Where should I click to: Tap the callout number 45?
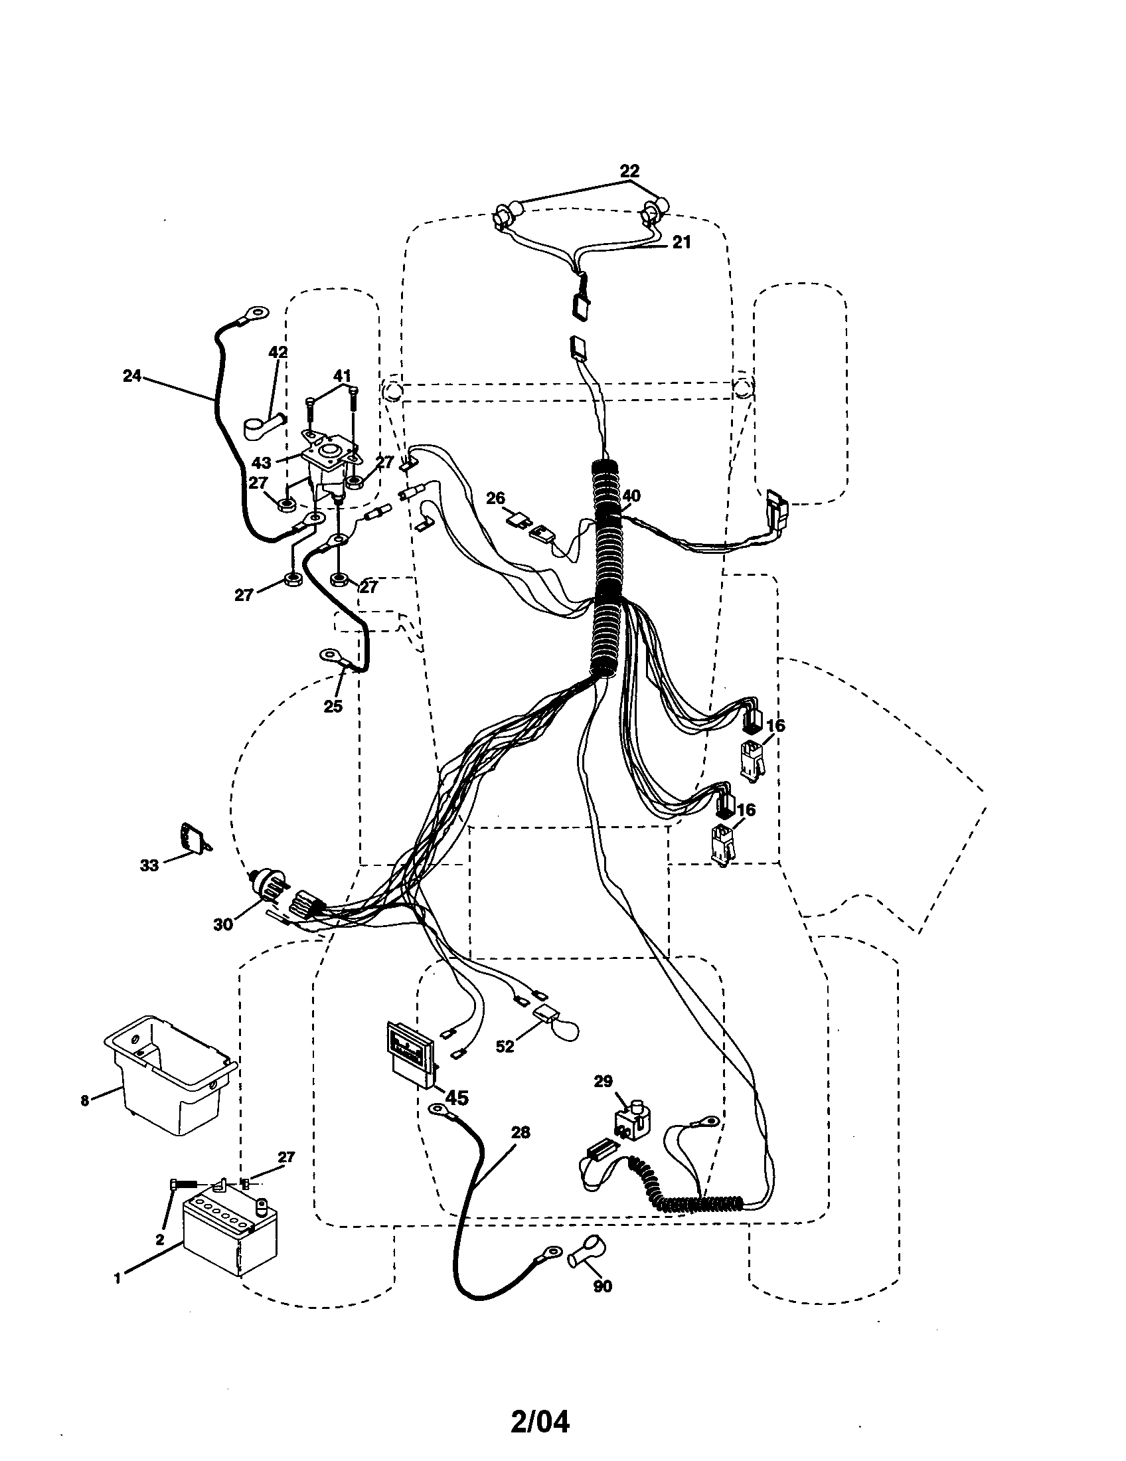tap(456, 1098)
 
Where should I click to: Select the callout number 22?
tap(629, 171)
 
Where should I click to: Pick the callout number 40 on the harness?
tap(631, 495)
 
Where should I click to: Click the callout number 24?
tap(131, 376)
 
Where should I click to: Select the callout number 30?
tap(222, 924)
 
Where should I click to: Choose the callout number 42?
tap(278, 353)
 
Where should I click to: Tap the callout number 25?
tap(333, 706)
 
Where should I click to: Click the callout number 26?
tap(495, 498)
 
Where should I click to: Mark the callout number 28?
tap(521, 1132)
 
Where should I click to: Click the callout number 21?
tap(681, 242)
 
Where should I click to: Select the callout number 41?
tap(342, 377)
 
